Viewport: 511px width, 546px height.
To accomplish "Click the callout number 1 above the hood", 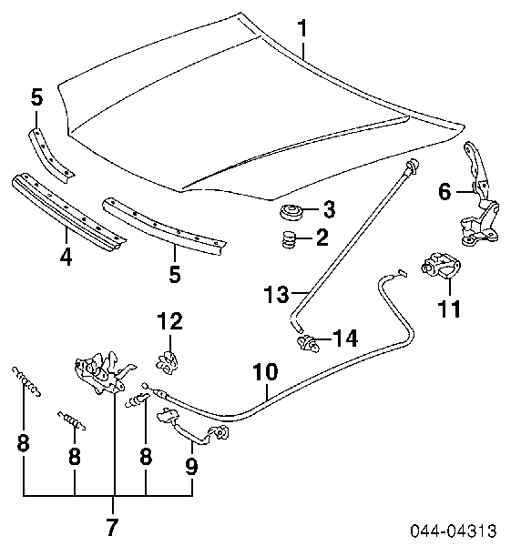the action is click(302, 28).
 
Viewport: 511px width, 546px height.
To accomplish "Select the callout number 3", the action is click(329, 209).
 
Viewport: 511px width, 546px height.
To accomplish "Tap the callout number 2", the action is click(322, 238).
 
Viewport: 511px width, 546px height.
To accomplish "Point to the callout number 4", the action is click(66, 257).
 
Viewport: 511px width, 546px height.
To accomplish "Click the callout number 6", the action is click(445, 191).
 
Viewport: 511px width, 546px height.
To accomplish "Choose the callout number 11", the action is click(449, 308).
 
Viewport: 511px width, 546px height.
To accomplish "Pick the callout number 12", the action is click(169, 320).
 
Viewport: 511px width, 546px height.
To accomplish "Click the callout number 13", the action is click(277, 294).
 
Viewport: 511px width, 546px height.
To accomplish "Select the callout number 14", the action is click(345, 339).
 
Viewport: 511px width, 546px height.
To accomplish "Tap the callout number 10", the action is click(266, 372).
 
